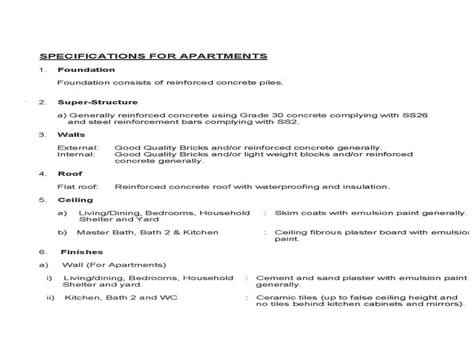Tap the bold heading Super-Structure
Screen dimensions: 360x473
[97, 102]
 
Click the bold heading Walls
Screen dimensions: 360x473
[71, 135]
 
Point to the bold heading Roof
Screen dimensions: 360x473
[70, 174]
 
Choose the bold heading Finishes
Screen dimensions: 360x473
[82, 252]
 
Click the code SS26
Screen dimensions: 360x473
[415, 115]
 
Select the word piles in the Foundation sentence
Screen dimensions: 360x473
[272, 82]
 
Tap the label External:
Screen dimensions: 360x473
[78, 148]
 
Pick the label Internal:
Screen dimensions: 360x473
[76, 154]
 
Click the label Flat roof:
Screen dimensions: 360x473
[78, 187]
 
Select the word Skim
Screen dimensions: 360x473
[284, 213]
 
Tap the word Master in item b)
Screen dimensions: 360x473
[90, 232]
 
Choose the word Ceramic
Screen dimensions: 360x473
[271, 297]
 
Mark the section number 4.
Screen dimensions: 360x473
[42, 174]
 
